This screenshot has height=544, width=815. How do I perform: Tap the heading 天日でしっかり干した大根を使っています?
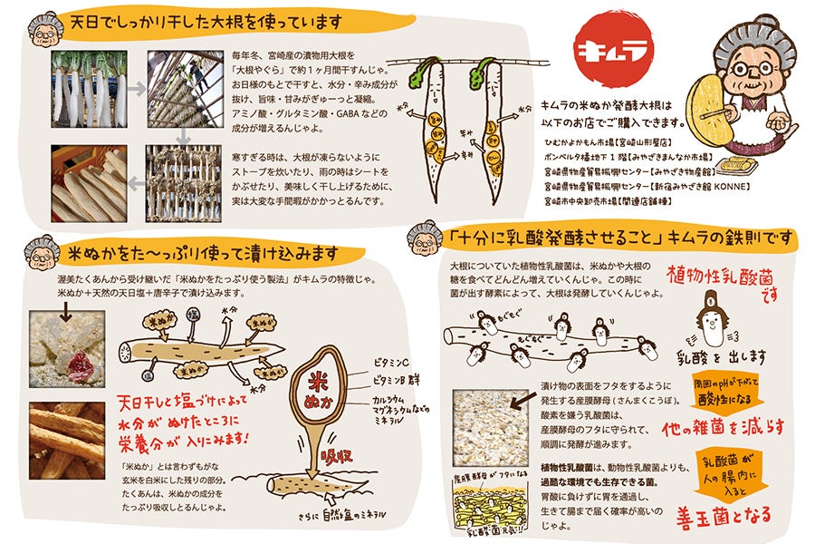tap(206, 20)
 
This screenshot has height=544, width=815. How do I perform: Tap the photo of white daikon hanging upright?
tap(89, 88)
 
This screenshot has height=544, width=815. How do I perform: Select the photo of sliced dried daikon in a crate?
tap(88, 182)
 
